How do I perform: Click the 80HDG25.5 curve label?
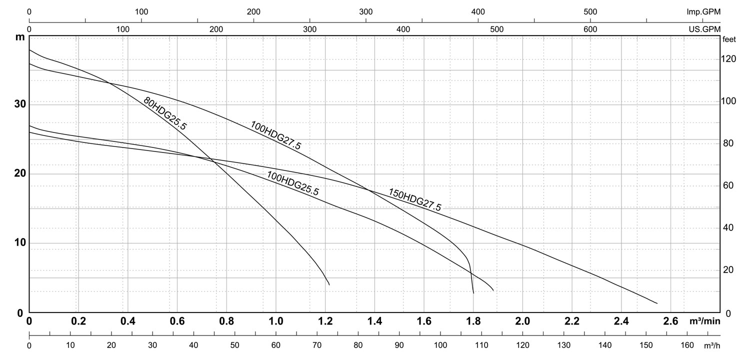tap(164, 113)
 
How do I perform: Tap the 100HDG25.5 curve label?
tap(292, 183)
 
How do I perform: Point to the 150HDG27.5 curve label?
tap(414, 199)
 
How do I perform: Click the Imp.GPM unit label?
tap(703, 11)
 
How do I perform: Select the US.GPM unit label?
tap(704, 29)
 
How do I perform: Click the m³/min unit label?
tap(705, 320)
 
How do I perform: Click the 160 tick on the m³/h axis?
tap(687, 345)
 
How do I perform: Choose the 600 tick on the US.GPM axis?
tap(590, 29)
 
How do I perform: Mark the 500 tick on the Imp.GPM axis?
tap(590, 11)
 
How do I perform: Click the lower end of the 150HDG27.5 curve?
tap(656, 303)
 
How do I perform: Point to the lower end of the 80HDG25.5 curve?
tap(329, 284)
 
